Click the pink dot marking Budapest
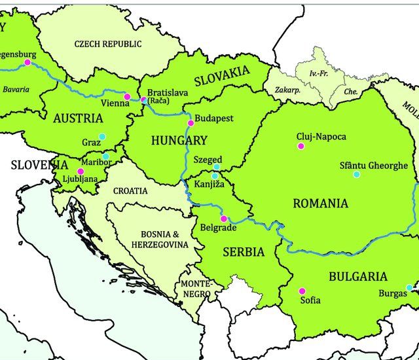click(x=191, y=123)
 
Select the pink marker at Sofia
click(x=302, y=291)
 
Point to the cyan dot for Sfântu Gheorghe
click(x=356, y=174)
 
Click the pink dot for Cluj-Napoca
click(x=301, y=146)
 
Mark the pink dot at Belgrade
click(x=223, y=219)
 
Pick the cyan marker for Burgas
click(x=409, y=287)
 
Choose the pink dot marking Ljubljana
click(x=81, y=171)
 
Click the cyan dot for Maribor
click(x=106, y=156)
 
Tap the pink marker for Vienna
click(x=127, y=97)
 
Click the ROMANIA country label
click(x=320, y=203)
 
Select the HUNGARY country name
click(x=179, y=140)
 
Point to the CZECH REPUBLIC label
click(x=107, y=44)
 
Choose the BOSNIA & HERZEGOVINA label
click(x=164, y=240)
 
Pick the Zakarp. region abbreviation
click(x=287, y=91)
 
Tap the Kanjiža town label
click(x=209, y=185)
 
